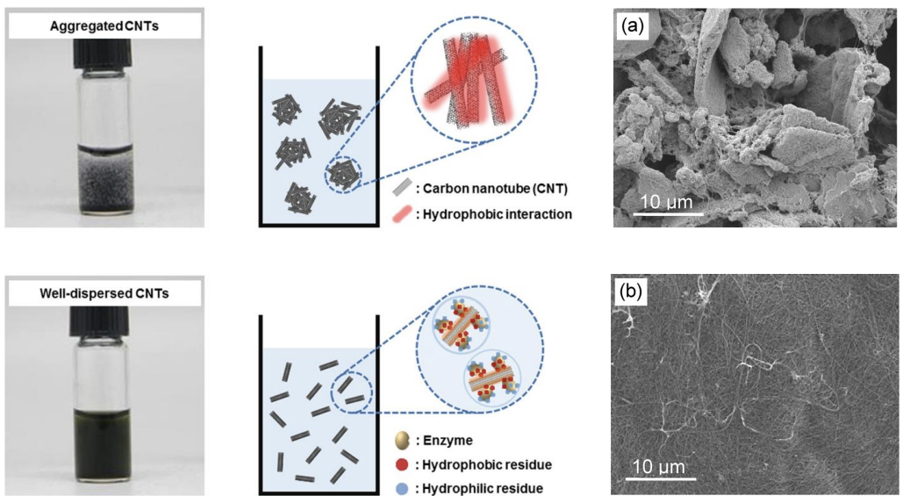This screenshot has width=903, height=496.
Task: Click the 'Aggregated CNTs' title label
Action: click(x=104, y=26)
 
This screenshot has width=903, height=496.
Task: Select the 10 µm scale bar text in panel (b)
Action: click(x=661, y=465)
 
